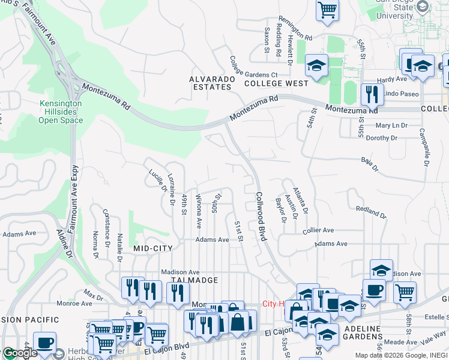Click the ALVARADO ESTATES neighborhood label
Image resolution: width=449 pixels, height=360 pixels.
tap(211, 83)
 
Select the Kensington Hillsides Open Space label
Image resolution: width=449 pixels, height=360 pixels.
tap(61, 112)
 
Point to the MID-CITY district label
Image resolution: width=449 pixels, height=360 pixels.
tap(153, 248)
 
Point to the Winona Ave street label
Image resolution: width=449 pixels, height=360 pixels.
tap(199, 211)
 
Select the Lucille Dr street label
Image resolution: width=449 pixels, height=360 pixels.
tap(157, 181)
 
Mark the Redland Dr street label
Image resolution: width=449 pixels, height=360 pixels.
tap(370, 211)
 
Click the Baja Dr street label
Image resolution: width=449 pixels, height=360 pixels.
tap(370, 164)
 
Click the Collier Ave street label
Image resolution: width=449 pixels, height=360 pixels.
tap(318, 230)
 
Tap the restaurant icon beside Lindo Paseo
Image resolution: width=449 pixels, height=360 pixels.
tap(372, 94)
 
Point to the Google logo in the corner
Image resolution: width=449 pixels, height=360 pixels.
tap(19, 353)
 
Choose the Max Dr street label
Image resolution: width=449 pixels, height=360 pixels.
tap(93, 295)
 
